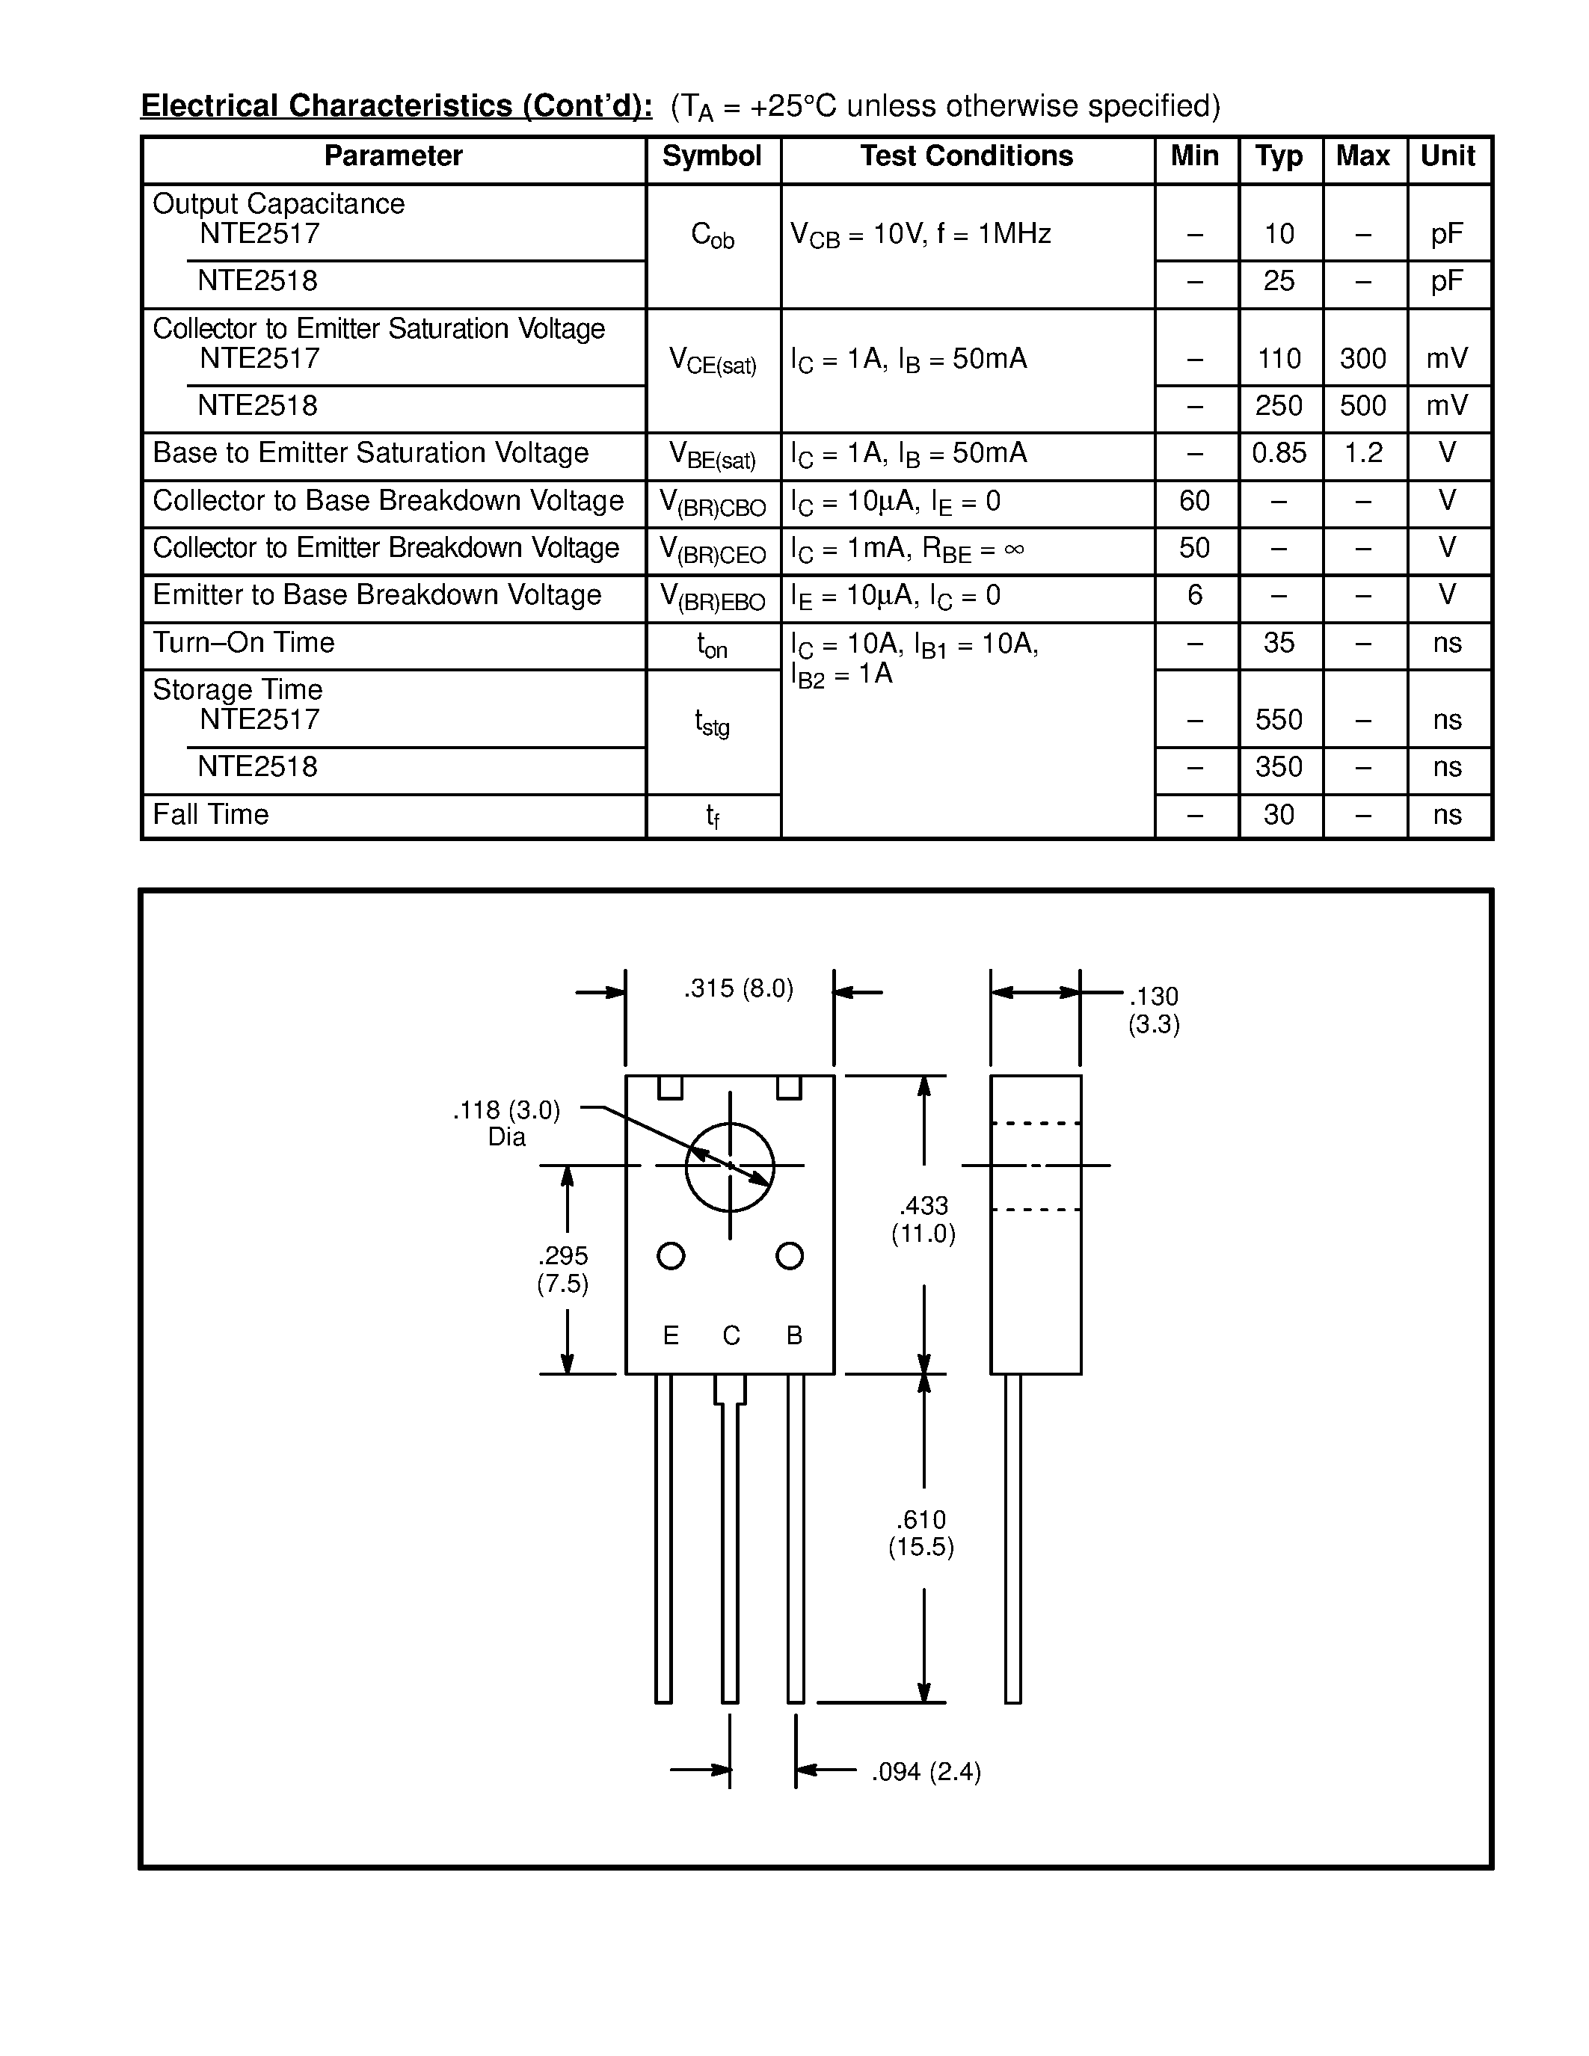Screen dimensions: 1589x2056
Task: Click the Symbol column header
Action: (x=712, y=156)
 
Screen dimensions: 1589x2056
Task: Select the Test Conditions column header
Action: (x=966, y=156)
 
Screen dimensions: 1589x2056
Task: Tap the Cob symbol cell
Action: (x=712, y=236)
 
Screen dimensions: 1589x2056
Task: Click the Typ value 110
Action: (x=1279, y=359)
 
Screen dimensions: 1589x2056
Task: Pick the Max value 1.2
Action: (x=1362, y=454)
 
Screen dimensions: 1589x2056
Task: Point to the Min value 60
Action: (x=1193, y=501)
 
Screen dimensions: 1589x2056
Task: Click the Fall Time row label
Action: (x=211, y=814)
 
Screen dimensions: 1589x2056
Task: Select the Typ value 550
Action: (x=1279, y=720)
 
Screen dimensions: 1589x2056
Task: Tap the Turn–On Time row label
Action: (x=244, y=643)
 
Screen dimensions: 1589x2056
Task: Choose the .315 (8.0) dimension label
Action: (x=738, y=988)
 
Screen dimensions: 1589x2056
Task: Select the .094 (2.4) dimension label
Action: (x=926, y=1773)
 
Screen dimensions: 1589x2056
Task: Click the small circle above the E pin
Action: (x=670, y=1256)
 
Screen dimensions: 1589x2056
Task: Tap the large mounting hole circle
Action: (x=730, y=1166)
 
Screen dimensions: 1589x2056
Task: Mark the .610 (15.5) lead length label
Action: (x=920, y=1533)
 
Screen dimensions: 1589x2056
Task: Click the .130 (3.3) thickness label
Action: (x=1153, y=1010)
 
